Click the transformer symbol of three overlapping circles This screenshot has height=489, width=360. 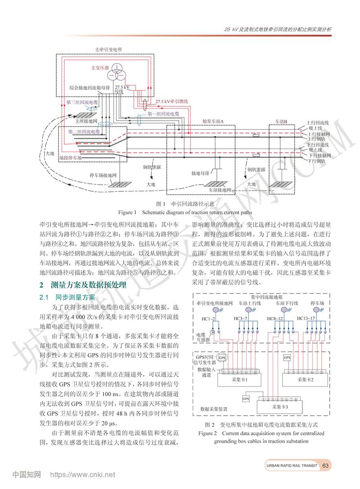point(117,67)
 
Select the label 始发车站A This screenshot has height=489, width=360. point(213,122)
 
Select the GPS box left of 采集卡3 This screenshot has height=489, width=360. point(246,398)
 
